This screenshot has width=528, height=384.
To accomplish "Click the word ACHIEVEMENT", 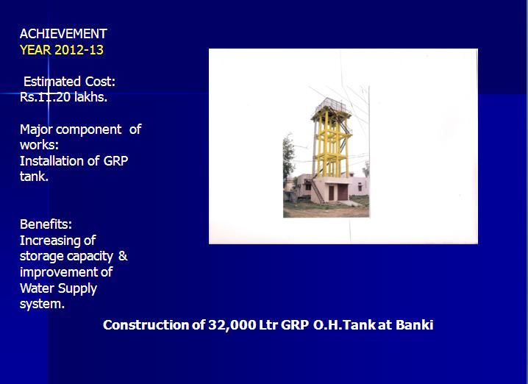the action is point(63,34).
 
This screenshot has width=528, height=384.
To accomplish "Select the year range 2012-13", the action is point(79,50).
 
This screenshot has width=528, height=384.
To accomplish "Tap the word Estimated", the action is point(52,82).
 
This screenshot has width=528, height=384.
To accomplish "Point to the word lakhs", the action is point(90,97).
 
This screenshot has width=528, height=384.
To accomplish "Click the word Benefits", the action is point(46,224).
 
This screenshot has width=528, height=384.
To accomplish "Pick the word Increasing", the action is point(57,241).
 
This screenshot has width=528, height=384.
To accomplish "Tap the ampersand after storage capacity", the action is point(123,256).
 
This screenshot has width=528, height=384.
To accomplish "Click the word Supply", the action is point(77,288).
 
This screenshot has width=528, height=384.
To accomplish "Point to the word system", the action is point(42,304).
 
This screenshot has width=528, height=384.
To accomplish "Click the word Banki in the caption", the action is point(414,324).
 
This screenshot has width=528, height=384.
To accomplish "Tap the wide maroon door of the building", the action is point(343,192).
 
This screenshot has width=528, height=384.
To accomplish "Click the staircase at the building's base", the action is point(317,191).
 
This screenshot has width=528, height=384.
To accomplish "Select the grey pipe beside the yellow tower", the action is point(315,148).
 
